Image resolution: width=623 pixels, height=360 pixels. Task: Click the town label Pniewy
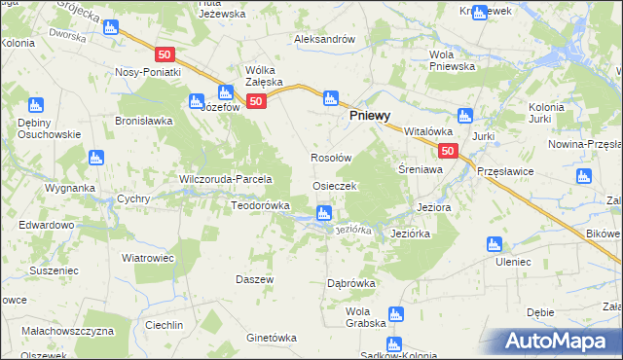(x=371, y=114)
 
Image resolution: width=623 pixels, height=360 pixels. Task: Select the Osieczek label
(x=335, y=185)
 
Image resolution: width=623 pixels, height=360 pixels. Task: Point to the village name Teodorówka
(x=260, y=205)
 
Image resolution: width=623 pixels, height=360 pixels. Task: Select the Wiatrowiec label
(x=146, y=258)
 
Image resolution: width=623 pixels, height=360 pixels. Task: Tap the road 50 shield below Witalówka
(x=447, y=151)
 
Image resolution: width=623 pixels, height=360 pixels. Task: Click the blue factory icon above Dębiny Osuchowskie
(x=37, y=105)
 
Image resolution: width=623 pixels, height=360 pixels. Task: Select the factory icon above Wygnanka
(x=95, y=157)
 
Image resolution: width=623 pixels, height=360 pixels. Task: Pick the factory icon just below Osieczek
(x=324, y=212)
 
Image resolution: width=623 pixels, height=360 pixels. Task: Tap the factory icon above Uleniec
(x=494, y=244)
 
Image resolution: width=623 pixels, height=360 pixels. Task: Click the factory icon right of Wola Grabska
(x=395, y=313)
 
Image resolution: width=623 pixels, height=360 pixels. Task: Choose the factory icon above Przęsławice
(x=583, y=176)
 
